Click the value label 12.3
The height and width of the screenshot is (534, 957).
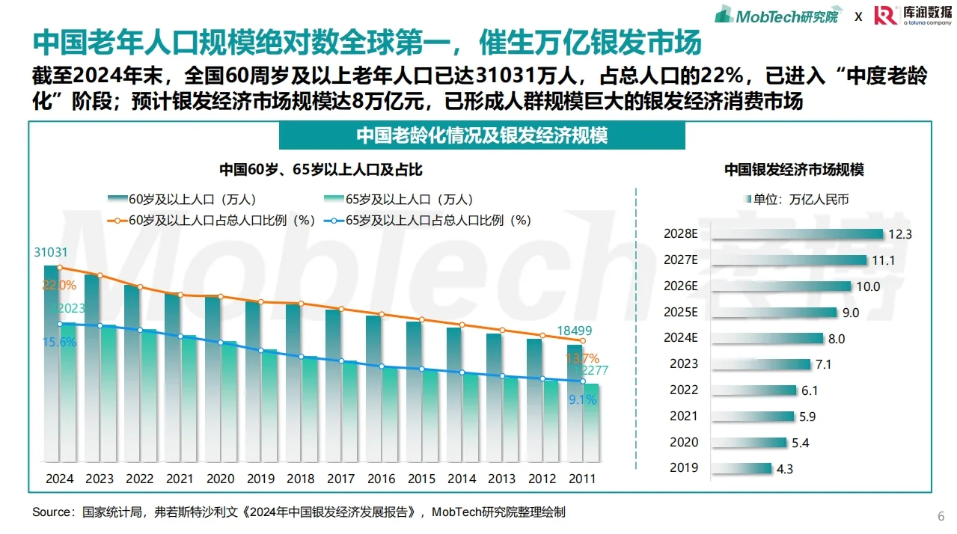coord(900,234)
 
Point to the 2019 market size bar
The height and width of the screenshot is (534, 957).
coord(740,468)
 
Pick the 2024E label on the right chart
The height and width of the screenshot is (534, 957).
coord(680,337)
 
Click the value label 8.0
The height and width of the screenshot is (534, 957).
coord(836,339)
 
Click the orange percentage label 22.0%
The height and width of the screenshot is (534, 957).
coord(59,285)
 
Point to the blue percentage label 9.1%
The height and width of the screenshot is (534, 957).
coord(582,400)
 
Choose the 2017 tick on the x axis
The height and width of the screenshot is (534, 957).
coord(341,479)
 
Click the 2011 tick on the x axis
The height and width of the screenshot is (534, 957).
coord(582,479)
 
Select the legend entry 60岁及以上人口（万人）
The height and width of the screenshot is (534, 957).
coord(183,200)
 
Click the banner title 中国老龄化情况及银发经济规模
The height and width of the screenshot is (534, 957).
coord(481,135)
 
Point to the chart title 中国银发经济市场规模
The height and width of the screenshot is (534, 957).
coord(793,170)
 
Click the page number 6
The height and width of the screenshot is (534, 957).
coord(941,517)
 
